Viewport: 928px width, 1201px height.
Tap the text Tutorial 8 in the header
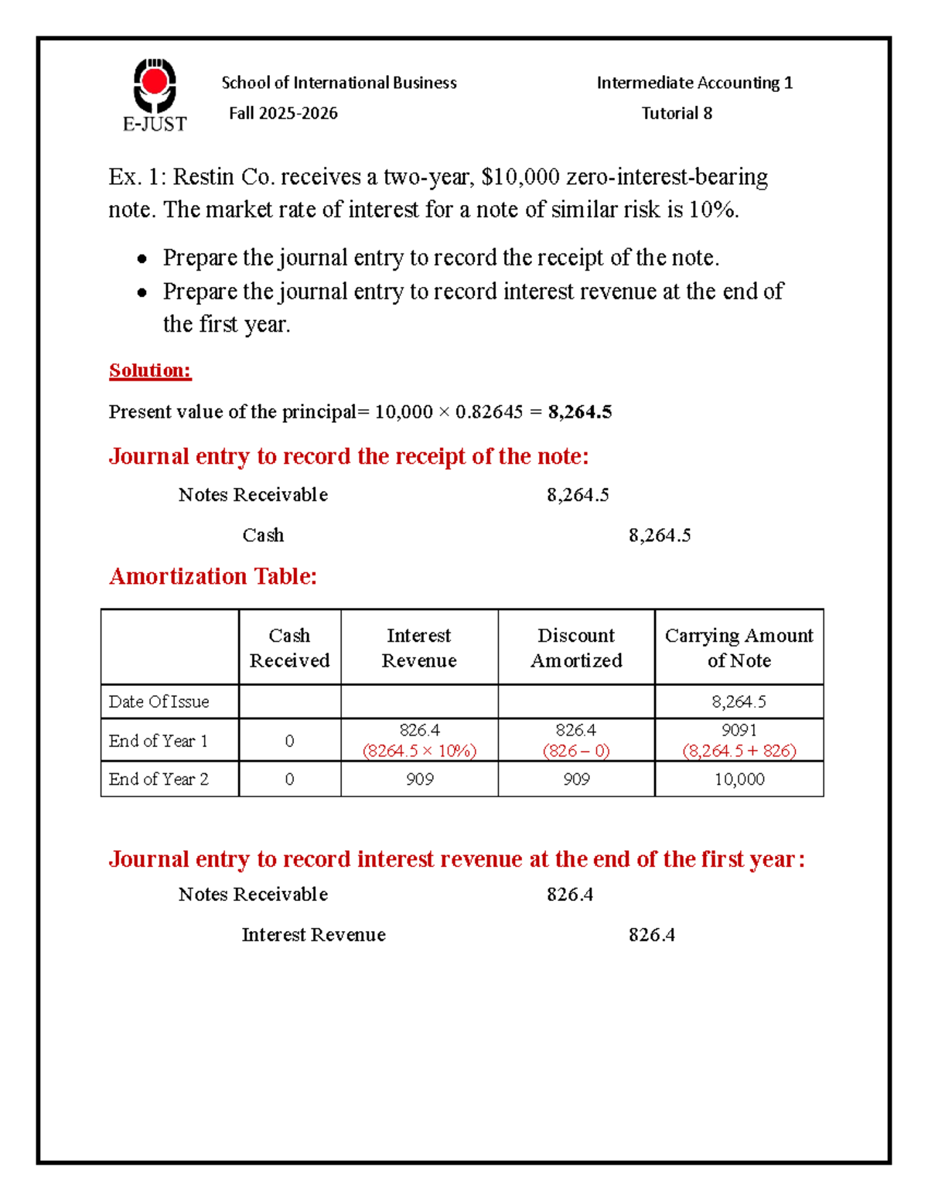(x=677, y=114)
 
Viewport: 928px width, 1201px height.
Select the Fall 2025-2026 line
(x=283, y=114)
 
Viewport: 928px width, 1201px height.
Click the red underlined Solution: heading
(x=150, y=370)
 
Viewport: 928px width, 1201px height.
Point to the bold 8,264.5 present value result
(x=579, y=412)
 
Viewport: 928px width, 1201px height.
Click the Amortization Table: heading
(x=213, y=576)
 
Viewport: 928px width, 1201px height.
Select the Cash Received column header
(x=289, y=647)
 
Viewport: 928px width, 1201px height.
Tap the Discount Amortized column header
(x=576, y=647)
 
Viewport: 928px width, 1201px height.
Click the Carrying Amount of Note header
(x=739, y=647)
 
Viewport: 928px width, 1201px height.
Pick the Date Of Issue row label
(x=159, y=701)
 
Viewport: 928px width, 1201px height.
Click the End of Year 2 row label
(x=159, y=779)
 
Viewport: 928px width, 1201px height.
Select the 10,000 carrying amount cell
(x=739, y=779)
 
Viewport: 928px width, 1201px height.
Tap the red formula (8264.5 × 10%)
(x=419, y=751)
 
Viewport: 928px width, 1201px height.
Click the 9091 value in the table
(x=739, y=730)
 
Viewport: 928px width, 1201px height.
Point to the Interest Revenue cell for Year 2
(x=419, y=779)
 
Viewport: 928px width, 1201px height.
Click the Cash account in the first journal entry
(x=263, y=535)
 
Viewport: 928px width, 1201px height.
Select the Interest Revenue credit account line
(x=313, y=935)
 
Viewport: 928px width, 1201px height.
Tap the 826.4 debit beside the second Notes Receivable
(x=570, y=895)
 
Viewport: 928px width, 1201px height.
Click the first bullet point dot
(x=142, y=259)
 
